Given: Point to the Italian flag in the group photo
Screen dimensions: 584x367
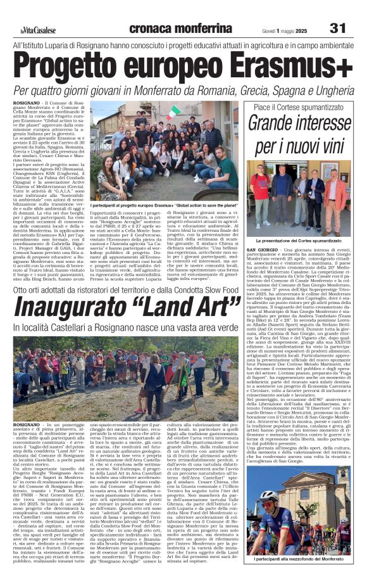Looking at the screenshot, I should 173,113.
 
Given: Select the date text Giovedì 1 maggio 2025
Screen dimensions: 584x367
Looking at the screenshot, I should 294,29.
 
